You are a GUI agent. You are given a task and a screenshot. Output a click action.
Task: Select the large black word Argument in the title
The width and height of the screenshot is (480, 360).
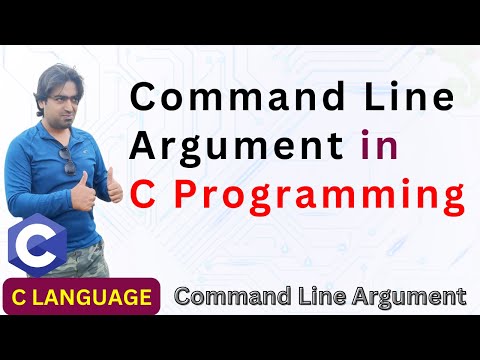click(x=235, y=145)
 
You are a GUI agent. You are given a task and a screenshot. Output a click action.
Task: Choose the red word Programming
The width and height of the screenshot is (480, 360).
click(x=320, y=194)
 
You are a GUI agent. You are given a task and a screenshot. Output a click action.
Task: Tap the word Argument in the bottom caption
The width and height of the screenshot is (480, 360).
click(x=411, y=297)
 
